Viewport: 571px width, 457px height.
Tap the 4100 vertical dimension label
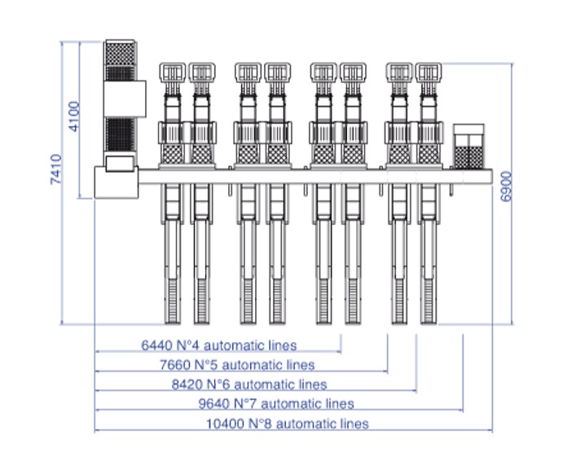click(x=74, y=116)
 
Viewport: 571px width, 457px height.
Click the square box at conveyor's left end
click(x=116, y=181)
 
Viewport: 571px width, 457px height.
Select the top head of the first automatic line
click(x=173, y=73)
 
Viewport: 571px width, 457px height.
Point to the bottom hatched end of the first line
click(x=173, y=301)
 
